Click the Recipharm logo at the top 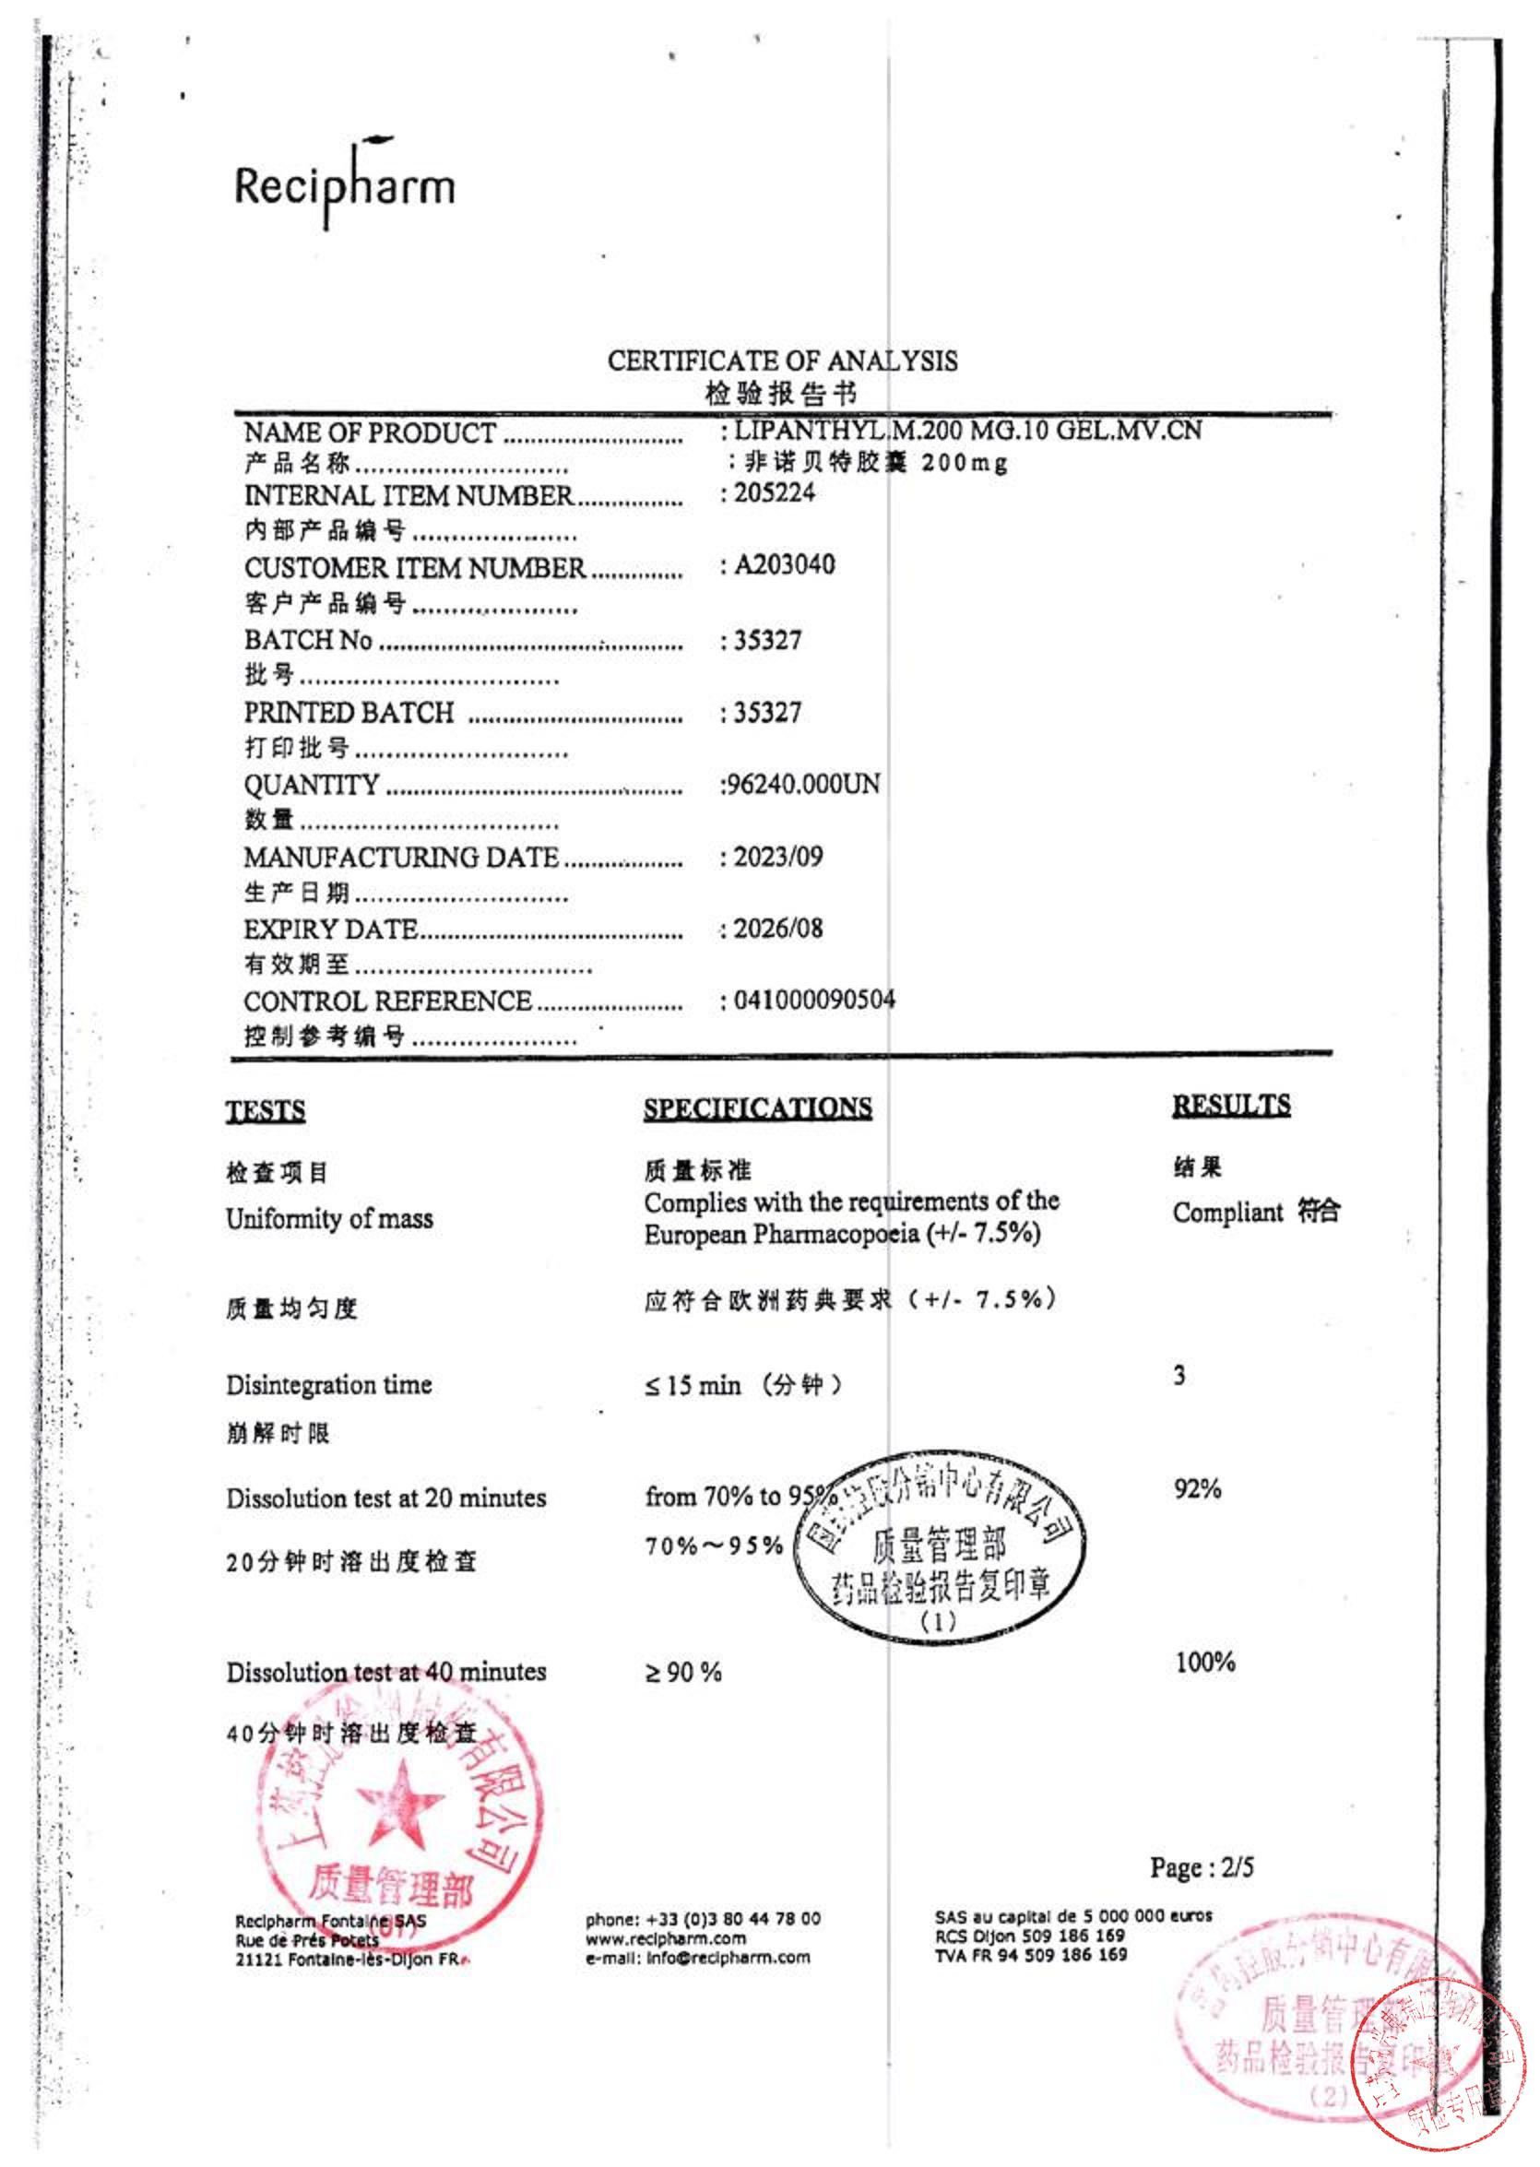pos(344,184)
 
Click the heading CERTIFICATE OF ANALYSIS pos(782,361)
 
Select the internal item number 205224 pos(774,492)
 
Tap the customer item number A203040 pos(784,564)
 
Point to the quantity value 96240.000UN pos(801,785)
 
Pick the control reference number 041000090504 pos(813,1000)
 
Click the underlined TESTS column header pos(266,1110)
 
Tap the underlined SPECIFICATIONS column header pos(758,1107)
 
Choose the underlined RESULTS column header pos(1231,1105)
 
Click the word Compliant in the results pos(1227,1212)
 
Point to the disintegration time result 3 pos(1179,1375)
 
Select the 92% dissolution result pos(1197,1488)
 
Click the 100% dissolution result pos(1204,1662)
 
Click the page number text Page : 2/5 pos(1202,1867)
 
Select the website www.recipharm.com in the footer pos(666,1937)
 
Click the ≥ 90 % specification pos(682,1672)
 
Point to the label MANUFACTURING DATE pos(401,858)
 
